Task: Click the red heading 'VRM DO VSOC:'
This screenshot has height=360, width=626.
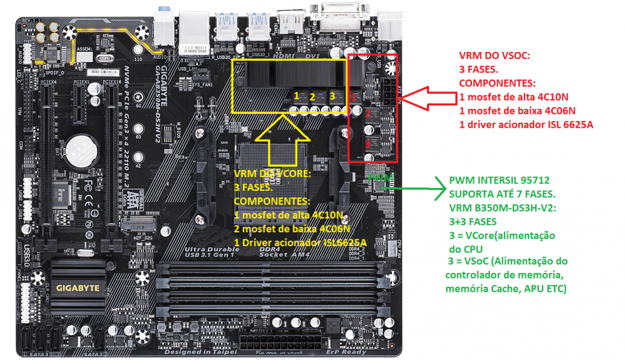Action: click(495, 56)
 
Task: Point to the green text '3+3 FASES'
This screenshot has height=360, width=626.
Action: click(471, 221)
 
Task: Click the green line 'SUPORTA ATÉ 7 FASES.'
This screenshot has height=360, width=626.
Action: click(497, 194)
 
